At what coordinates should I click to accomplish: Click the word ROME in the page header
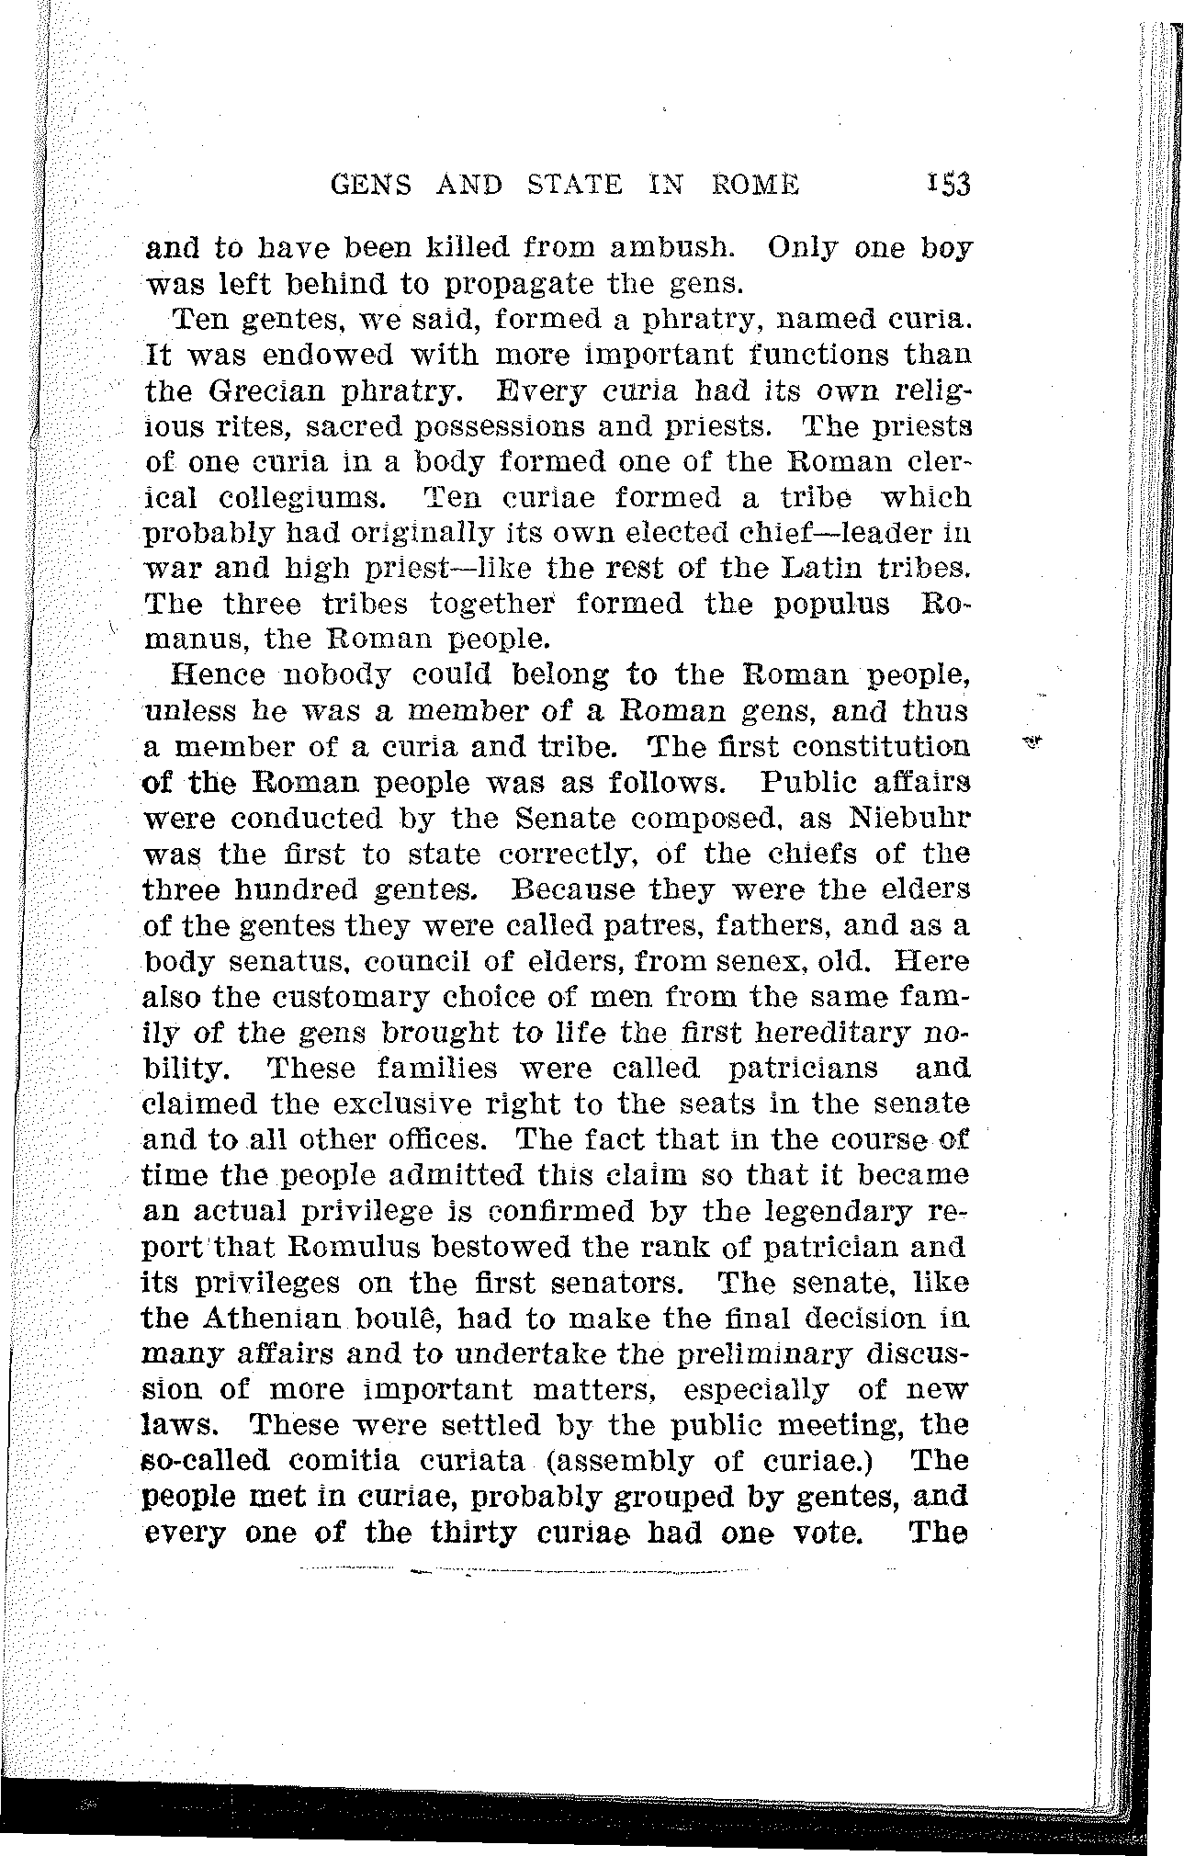755,186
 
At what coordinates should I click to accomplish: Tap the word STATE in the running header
576,186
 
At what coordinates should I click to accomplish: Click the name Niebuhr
909,818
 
